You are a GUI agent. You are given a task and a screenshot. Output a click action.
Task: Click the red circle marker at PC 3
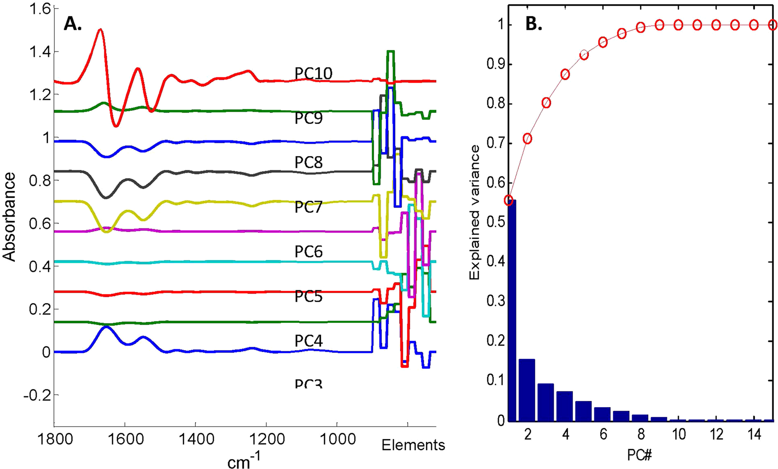click(546, 103)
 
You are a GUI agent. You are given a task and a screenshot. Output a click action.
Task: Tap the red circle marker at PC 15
click(772, 25)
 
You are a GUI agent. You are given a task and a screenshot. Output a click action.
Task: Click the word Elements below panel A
click(413, 445)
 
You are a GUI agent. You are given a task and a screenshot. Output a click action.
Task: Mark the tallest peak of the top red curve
click(100, 30)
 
